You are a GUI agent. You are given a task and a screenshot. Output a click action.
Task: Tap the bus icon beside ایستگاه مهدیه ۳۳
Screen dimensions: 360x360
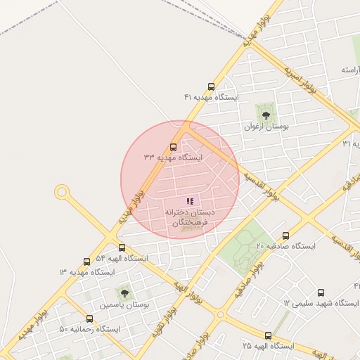174,148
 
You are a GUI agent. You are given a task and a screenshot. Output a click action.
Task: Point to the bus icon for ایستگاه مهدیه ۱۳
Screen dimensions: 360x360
86,262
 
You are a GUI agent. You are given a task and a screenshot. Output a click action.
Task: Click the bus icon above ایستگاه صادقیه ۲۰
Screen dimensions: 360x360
285,236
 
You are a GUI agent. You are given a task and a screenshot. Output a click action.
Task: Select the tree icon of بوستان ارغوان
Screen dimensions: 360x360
266,112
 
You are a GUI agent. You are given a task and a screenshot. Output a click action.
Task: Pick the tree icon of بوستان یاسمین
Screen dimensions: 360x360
124,292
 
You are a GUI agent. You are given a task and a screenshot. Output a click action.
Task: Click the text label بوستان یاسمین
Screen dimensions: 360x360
124,305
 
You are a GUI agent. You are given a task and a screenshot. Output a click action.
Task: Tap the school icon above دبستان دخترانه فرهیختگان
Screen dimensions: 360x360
190,201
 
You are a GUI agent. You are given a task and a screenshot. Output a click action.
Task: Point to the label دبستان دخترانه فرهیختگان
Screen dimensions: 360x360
190,217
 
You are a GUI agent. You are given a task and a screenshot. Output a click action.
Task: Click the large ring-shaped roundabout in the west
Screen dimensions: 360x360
62,191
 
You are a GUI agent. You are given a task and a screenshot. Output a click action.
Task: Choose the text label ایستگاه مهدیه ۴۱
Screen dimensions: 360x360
211,96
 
